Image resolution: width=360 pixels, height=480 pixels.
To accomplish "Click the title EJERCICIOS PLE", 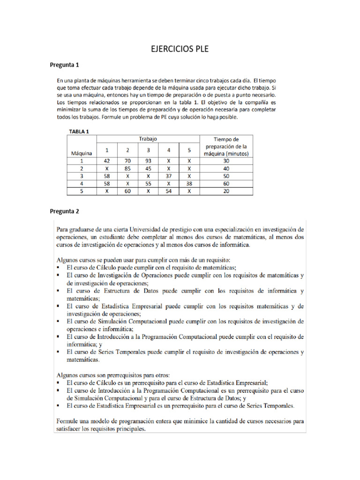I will coord(180,49).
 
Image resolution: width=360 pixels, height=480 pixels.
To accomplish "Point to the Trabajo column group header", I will coord(148,139).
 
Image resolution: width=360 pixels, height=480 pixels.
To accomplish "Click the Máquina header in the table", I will coord(81,153).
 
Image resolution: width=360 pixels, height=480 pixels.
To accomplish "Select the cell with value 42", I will coord(107,160).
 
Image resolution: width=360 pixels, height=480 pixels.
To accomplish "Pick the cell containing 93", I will coord(148,160).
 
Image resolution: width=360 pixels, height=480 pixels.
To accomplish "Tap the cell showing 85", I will coord(127,168).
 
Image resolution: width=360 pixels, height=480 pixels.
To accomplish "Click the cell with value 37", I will coord(168,176).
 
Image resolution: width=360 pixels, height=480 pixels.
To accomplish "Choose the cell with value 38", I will coord(189,184).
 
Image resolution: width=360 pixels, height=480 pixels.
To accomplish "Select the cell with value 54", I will coord(168,191).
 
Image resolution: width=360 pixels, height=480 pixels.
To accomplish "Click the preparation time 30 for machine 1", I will coord(226,160).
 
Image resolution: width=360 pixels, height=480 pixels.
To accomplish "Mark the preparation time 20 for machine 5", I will coord(226,191).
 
